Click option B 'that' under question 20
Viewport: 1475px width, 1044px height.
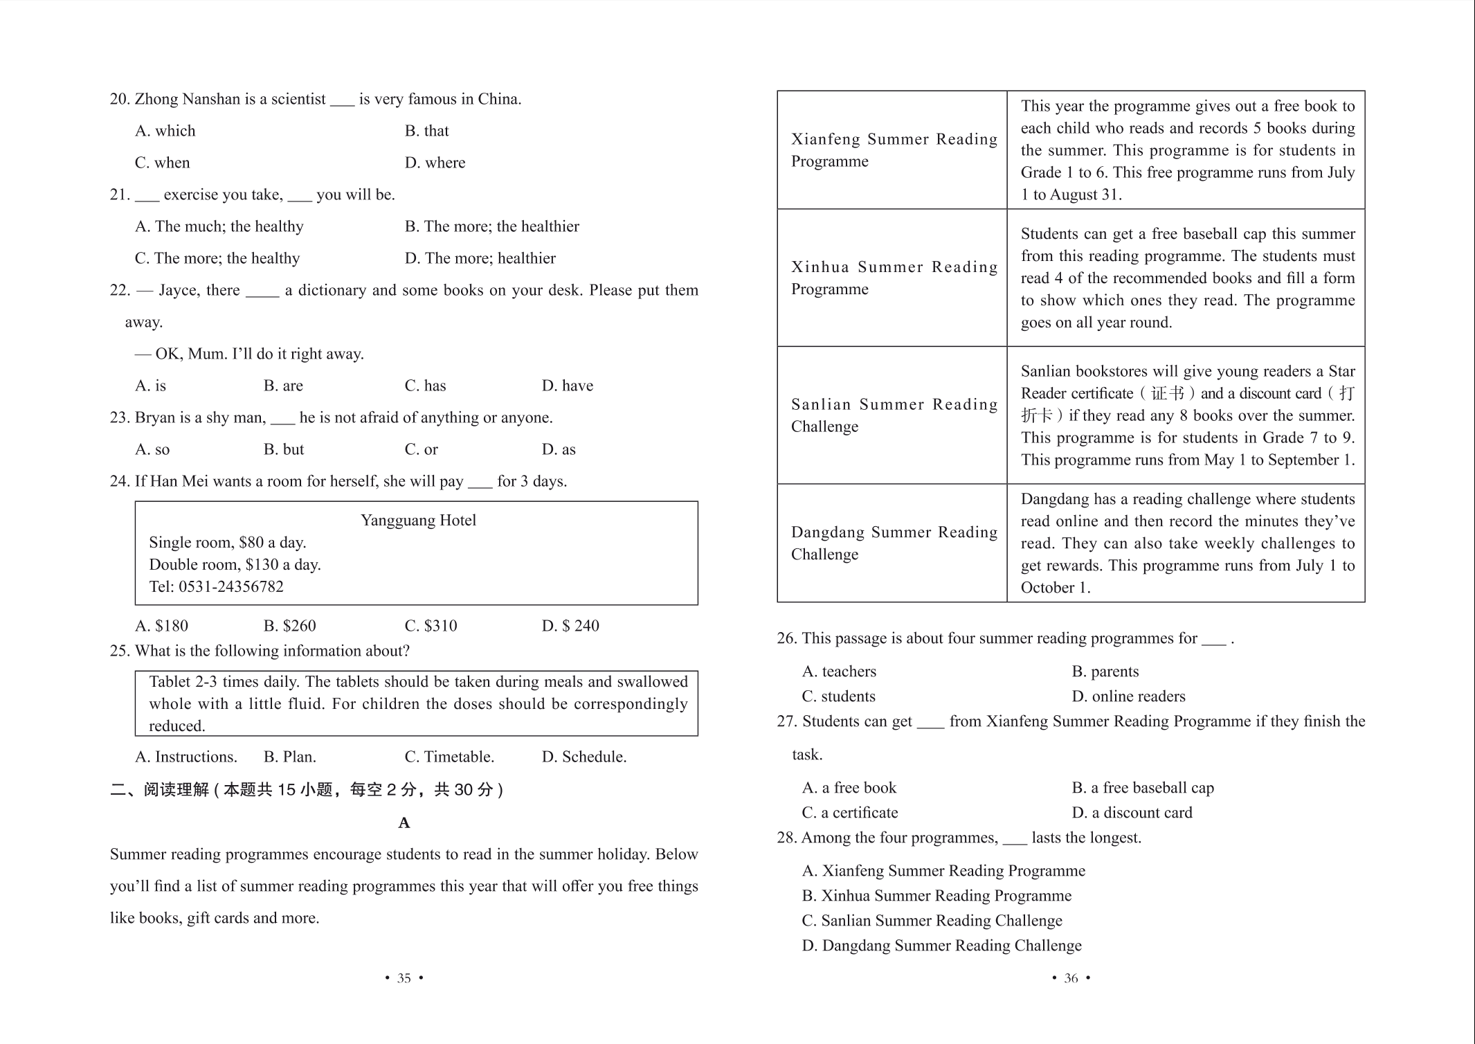click(426, 131)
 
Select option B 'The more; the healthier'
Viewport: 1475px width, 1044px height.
click(491, 226)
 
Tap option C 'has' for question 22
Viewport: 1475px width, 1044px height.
click(425, 386)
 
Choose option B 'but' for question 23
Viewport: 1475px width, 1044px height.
click(284, 449)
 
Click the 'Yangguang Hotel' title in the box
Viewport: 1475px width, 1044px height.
click(418, 520)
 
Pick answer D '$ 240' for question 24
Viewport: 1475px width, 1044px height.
click(570, 626)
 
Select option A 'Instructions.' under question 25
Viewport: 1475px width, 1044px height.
click(186, 757)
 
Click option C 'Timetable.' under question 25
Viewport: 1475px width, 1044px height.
click(449, 757)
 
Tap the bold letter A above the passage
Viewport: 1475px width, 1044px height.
click(404, 822)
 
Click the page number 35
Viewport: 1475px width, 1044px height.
click(404, 978)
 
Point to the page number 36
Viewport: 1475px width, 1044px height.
click(1071, 978)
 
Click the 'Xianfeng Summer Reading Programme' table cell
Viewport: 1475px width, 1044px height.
click(893, 150)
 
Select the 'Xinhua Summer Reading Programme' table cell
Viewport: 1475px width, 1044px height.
click(893, 278)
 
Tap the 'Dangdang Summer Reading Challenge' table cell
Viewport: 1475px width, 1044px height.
click(893, 543)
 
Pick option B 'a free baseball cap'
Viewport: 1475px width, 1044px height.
click(1143, 787)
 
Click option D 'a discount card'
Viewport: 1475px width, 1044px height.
click(1132, 812)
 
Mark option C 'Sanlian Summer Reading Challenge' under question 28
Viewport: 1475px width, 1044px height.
click(932, 920)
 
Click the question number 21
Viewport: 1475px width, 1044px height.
click(120, 195)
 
